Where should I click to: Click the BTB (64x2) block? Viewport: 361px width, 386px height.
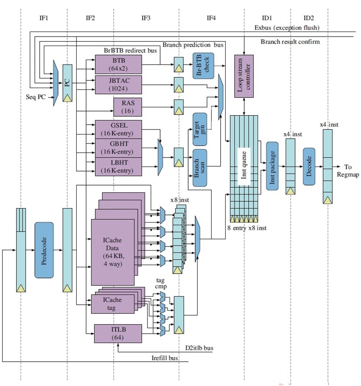pos(119,65)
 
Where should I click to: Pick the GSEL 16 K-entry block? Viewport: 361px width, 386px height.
pos(119,129)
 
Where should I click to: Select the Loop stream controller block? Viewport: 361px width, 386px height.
pos(244,75)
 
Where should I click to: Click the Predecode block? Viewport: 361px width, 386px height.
pos(44,250)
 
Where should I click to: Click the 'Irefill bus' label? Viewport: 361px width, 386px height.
pos(164,358)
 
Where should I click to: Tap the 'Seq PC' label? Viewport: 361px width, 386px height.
pos(36,98)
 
